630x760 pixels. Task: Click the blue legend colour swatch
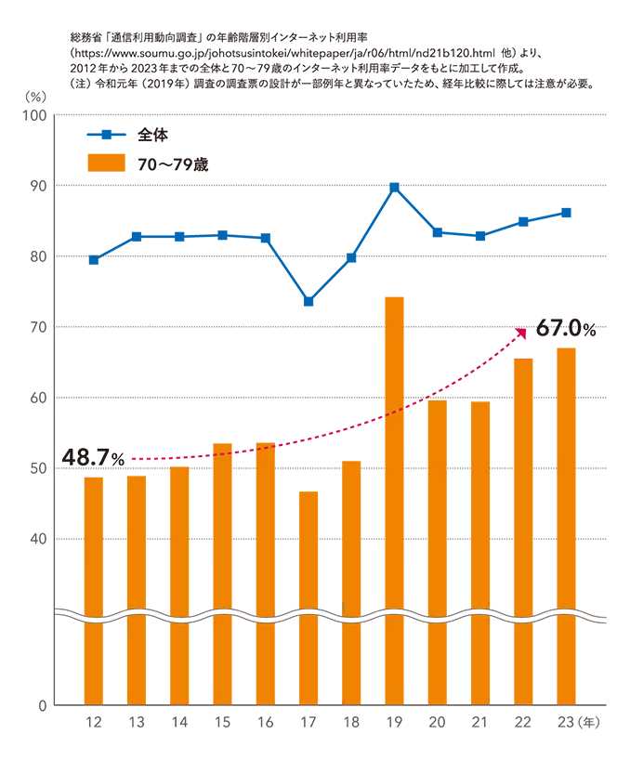tap(107, 134)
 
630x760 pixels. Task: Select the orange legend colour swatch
tap(107, 164)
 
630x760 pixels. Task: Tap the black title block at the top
tap(344, 60)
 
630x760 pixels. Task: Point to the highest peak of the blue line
tap(393, 183)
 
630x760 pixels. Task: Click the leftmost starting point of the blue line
tap(90, 262)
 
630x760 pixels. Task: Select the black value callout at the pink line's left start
tap(91, 456)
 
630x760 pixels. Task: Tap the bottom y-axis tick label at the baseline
tap(45, 706)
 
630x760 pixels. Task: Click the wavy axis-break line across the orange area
tap(344, 615)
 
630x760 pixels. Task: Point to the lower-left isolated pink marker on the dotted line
tap(243, 452)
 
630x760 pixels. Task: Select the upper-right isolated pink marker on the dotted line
tap(415, 407)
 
